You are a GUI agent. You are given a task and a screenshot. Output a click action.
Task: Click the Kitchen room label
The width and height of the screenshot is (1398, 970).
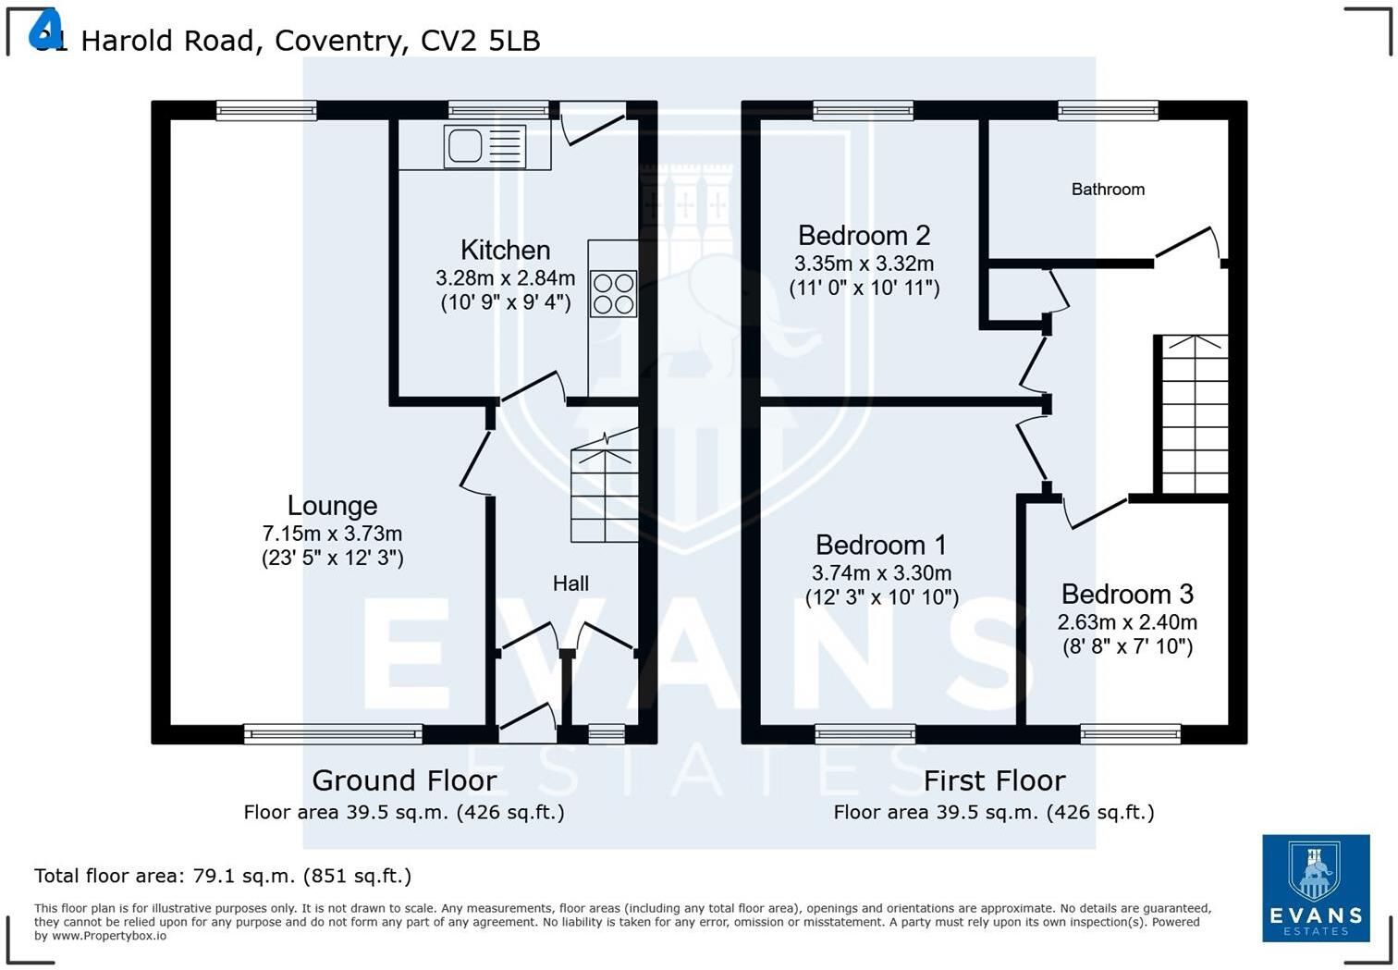(x=505, y=250)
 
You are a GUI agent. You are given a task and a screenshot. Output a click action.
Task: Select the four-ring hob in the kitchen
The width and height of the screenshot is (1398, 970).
(x=613, y=293)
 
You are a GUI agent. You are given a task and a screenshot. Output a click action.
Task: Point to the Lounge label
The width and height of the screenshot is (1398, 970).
(x=332, y=505)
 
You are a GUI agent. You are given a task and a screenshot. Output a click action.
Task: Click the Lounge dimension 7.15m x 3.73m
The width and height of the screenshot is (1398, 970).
(x=332, y=534)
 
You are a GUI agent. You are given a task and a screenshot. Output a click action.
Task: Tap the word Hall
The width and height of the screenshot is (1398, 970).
(x=570, y=583)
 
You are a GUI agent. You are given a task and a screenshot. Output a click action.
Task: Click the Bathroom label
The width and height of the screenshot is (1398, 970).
(x=1108, y=190)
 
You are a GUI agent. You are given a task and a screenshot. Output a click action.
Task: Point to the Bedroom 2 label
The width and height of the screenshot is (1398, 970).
(x=864, y=235)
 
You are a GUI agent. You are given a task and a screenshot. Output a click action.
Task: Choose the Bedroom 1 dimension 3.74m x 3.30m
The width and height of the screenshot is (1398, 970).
(x=881, y=573)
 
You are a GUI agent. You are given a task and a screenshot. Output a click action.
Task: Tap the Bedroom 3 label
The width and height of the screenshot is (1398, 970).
(x=1127, y=594)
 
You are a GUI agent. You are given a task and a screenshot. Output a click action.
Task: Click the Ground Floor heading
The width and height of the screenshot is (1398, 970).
(x=404, y=780)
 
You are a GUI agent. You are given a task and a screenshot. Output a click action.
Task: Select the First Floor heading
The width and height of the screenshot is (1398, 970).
(x=994, y=780)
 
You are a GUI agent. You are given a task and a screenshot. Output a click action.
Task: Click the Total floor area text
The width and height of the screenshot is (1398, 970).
(x=223, y=876)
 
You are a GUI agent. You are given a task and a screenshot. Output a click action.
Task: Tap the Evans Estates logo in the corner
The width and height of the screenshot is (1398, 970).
(x=1316, y=888)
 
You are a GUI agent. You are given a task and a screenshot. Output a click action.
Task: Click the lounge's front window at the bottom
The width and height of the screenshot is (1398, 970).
(x=333, y=734)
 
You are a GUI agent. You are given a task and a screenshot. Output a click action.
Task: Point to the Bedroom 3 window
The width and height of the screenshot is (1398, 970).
(x=1130, y=734)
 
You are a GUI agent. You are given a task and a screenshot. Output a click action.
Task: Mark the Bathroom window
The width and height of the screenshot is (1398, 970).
(x=1108, y=111)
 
